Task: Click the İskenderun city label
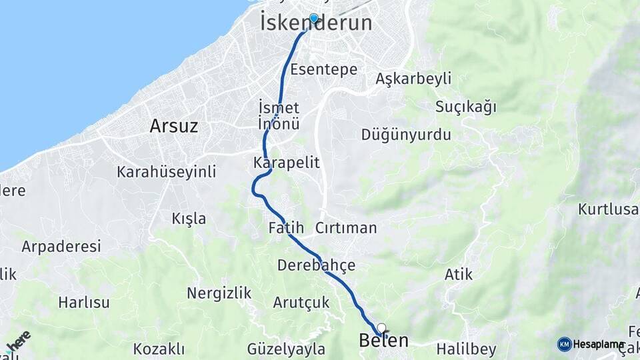pos(316,23)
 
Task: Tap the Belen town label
pos(383,340)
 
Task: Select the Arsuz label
pos(173,125)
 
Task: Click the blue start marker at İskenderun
pos(313,18)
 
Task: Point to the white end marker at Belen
pos(381,328)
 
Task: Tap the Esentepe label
pos(324,69)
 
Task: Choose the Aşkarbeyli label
pos(413,79)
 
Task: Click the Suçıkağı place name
pos(466,107)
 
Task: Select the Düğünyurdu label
pos(406,135)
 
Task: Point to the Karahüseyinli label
pos(166,172)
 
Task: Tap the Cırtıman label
pos(346,228)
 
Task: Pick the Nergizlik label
pos(219,293)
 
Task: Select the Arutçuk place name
pos(301,303)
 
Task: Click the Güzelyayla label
pos(286,349)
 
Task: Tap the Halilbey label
pos(467,349)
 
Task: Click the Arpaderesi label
pos(61,247)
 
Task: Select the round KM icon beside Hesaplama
pos(564,344)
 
